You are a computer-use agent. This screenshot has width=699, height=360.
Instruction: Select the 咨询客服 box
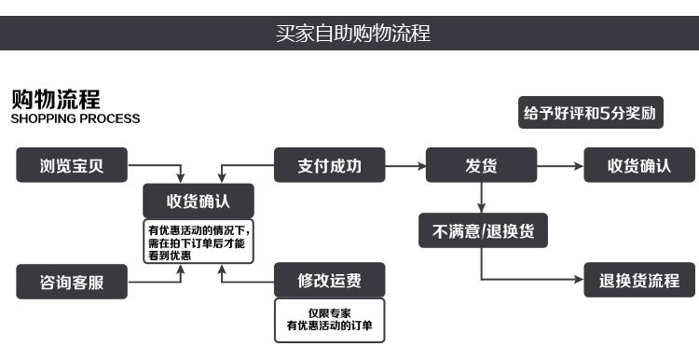click(72, 281)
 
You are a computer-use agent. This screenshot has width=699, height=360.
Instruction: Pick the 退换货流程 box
click(638, 280)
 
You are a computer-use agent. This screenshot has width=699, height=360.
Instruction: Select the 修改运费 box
click(328, 280)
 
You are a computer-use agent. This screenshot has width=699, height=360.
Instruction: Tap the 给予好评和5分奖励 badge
click(590, 114)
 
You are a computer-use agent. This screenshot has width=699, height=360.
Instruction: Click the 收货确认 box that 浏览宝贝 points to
click(199, 201)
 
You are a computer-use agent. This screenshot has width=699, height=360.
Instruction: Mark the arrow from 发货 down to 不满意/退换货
click(481, 196)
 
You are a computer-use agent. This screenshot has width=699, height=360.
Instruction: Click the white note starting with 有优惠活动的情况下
click(199, 241)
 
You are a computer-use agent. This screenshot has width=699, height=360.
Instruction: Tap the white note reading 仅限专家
click(329, 319)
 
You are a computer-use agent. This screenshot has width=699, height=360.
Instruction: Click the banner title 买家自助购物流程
click(352, 35)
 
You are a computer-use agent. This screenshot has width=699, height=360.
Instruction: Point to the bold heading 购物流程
click(55, 99)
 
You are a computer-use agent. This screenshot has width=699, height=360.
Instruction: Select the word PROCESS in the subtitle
click(110, 119)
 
